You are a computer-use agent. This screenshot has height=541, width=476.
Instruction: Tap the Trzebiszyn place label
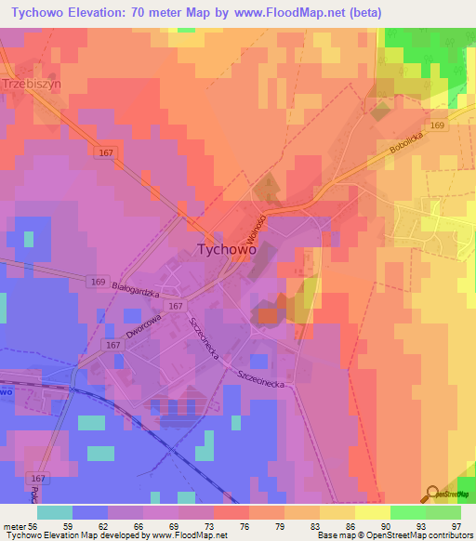click(32, 83)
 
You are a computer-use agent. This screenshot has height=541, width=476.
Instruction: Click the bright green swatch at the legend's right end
click(443, 512)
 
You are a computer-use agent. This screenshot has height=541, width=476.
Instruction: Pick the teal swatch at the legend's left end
click(55, 512)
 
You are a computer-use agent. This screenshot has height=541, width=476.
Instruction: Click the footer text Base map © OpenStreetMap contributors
click(396, 535)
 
